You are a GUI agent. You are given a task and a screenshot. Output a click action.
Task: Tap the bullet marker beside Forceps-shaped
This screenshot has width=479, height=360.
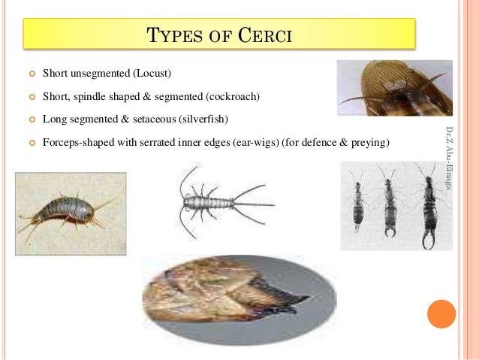point(31,141)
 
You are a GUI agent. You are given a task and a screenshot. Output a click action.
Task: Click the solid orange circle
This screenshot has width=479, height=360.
point(441,314)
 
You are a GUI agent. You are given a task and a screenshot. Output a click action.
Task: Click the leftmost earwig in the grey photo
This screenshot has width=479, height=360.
point(360,199)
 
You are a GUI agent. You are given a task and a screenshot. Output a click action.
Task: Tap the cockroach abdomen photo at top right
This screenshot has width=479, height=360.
point(394,89)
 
